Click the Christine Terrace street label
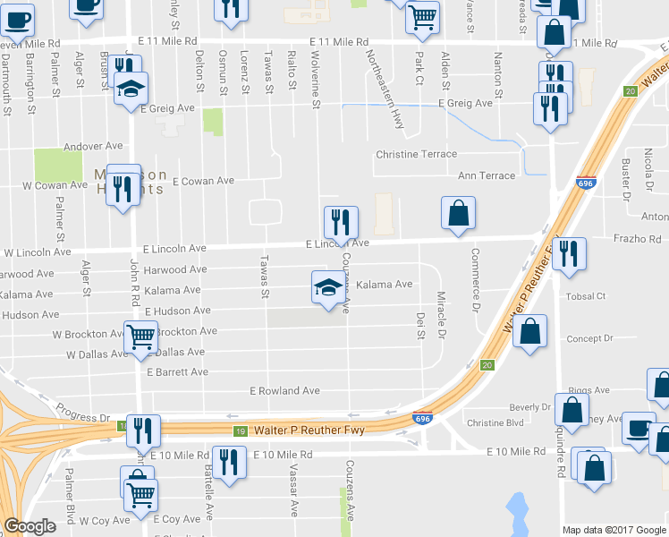coord(416,155)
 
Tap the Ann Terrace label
coord(487,176)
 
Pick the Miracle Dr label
coord(441,314)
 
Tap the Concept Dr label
coord(589,339)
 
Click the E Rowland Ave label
coord(284,391)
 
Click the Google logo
coord(30,526)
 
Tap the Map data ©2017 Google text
coord(614,530)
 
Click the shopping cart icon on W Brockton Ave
coord(141,338)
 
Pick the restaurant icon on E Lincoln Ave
coord(340,220)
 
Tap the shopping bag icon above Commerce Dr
coord(458,213)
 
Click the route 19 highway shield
coord(240,432)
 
